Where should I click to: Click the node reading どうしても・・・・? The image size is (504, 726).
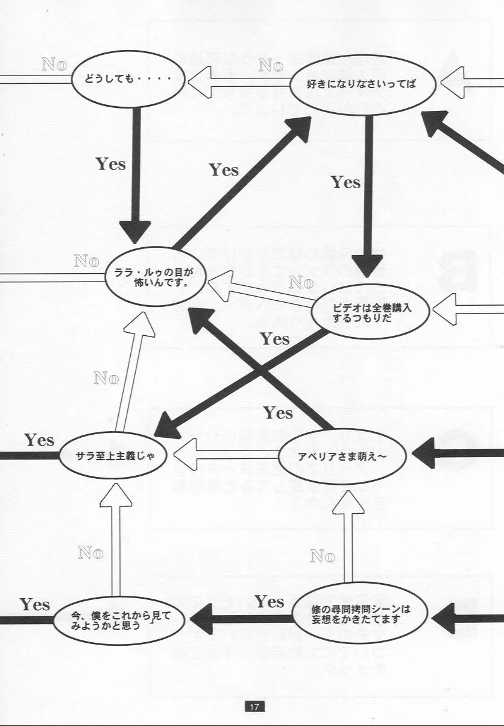(128, 79)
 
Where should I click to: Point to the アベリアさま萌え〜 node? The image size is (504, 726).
(342, 456)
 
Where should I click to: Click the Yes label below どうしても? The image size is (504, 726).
(111, 164)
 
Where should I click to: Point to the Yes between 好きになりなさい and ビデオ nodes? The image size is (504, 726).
(345, 181)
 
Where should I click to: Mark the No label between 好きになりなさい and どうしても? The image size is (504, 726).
(271, 65)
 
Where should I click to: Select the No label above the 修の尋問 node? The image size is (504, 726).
(322, 555)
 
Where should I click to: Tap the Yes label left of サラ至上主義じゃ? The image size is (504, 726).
(39, 440)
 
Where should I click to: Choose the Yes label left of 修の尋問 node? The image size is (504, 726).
(269, 601)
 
